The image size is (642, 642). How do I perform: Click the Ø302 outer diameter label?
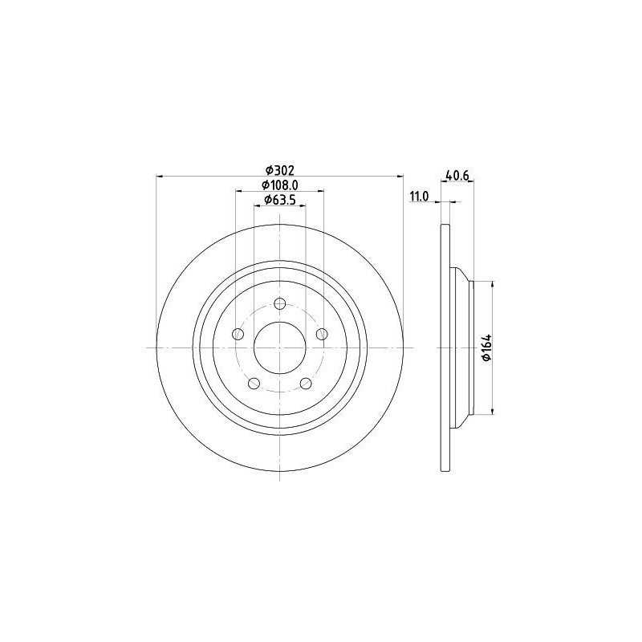click(279, 170)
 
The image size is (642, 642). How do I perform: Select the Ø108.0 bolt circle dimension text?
click(279, 185)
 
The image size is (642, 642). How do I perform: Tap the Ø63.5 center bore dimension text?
click(279, 200)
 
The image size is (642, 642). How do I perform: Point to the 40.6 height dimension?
click(457, 176)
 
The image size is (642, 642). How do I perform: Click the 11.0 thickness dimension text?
click(419, 197)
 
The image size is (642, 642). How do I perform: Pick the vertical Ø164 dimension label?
click(486, 347)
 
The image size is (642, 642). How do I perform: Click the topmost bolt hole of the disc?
click(279, 304)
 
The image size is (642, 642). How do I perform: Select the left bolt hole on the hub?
click(238, 334)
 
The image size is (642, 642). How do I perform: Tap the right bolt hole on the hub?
click(323, 334)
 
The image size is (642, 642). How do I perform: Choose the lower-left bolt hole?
click(254, 384)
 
